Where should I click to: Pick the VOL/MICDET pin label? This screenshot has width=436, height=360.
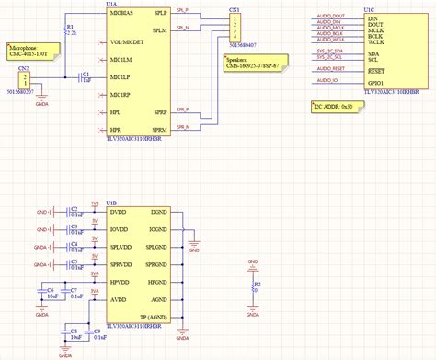coord(126,42)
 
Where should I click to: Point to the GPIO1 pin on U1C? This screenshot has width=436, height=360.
coord(375,82)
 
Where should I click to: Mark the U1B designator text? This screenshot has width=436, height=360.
coord(111,202)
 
